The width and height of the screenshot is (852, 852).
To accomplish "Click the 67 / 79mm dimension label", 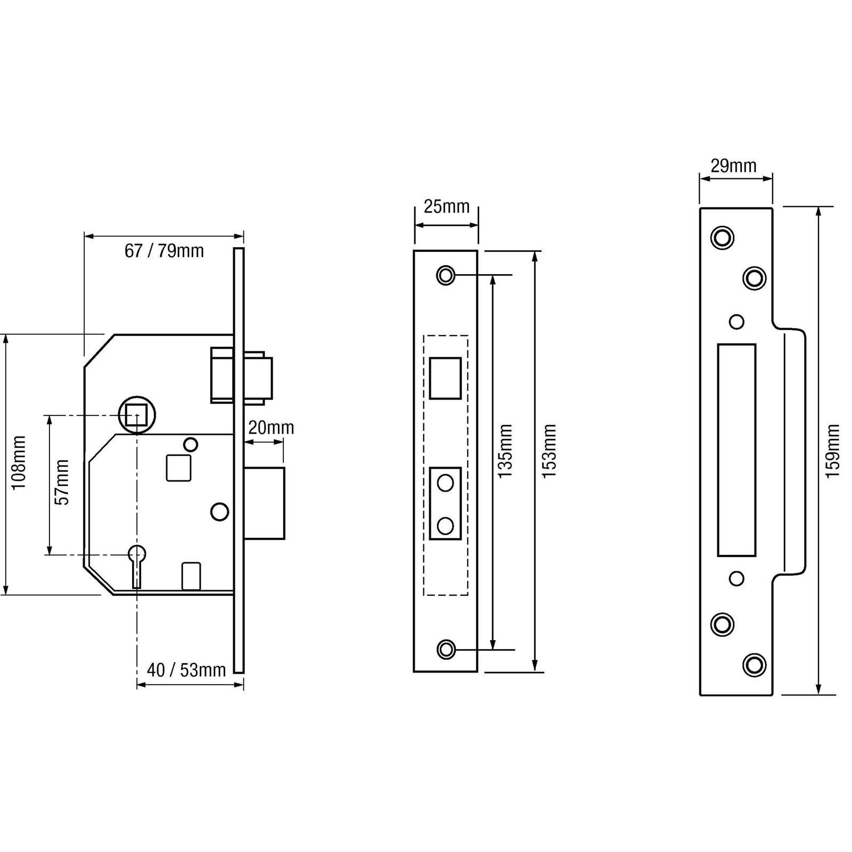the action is point(164,250).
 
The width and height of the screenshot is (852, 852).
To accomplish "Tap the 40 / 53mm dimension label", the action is point(186,670).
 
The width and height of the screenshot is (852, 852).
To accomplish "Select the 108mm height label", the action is point(19,463).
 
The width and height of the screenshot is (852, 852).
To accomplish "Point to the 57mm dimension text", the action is point(62,482).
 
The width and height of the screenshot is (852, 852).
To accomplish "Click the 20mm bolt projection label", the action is point(271,428).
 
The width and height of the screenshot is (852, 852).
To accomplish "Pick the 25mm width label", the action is point(446,206).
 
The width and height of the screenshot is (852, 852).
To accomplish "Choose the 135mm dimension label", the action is point(505,451).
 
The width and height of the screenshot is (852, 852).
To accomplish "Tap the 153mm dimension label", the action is point(549,451).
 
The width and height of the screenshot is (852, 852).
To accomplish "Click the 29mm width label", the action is point(734,166).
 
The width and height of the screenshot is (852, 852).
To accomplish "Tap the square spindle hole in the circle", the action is point(136,414).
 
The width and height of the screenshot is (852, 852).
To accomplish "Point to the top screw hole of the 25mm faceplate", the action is point(446,275).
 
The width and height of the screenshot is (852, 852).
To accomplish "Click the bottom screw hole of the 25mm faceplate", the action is point(446,650).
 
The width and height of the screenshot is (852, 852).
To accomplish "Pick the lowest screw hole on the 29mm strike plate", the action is point(754,665).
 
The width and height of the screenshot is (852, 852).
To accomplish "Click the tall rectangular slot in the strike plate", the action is point(736,450).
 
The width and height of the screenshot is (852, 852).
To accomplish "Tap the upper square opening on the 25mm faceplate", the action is point(445,378).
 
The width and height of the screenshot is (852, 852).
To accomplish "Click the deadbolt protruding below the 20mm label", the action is point(264,503).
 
